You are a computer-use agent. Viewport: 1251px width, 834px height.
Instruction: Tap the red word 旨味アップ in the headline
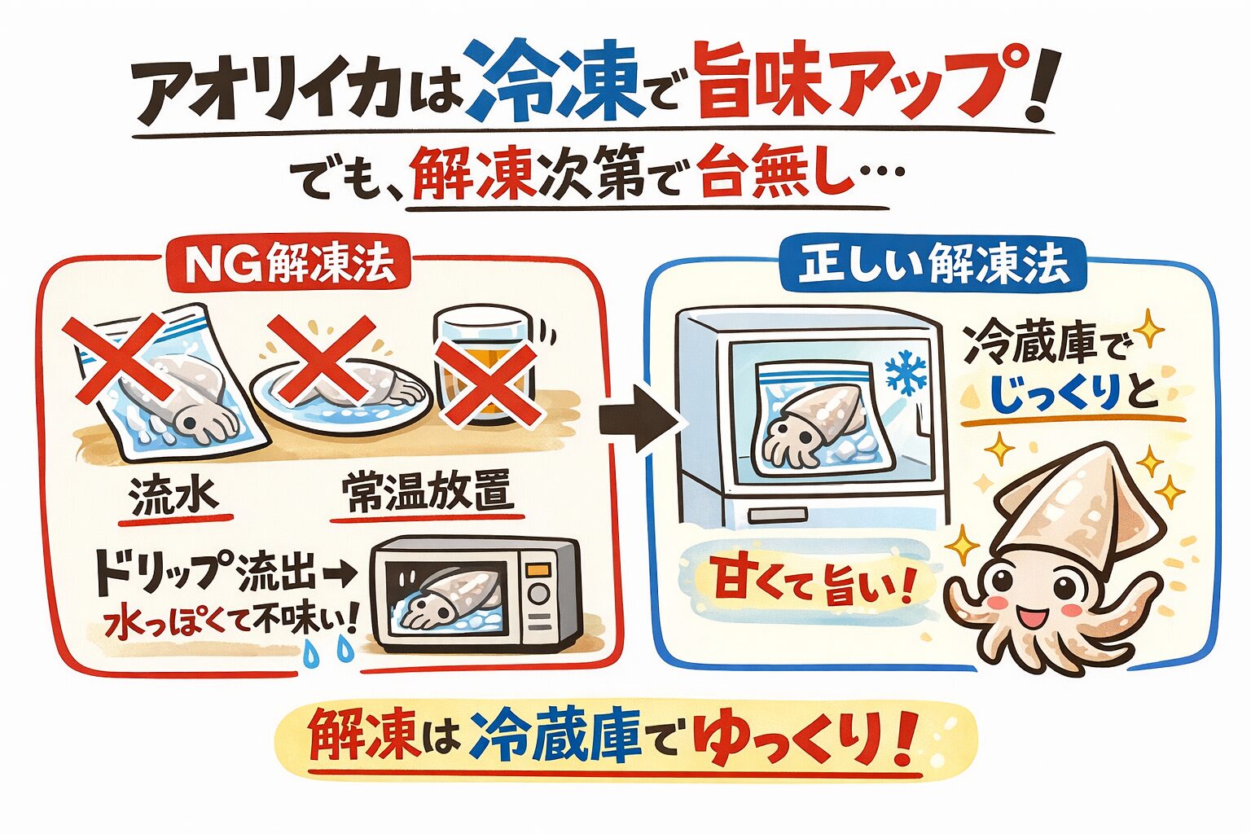point(847,83)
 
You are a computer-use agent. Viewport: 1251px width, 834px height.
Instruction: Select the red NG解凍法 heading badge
point(290,264)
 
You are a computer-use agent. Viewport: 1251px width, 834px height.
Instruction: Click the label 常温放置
point(425,494)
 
